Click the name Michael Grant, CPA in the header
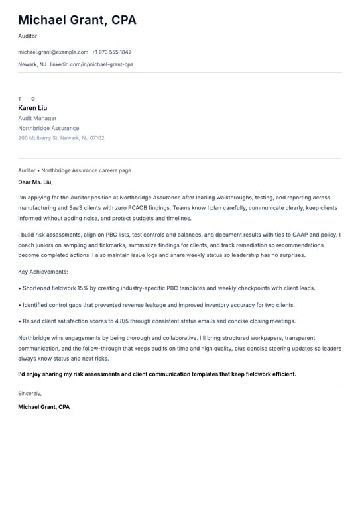point(77,20)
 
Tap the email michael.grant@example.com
point(53,52)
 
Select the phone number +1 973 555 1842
point(111,52)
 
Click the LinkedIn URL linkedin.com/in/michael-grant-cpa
point(91,64)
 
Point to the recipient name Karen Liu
point(32,108)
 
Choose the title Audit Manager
point(37,118)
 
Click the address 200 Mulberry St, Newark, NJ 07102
point(61,138)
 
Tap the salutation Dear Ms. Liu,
point(35,182)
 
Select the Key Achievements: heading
point(43,272)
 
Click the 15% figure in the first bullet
point(84,288)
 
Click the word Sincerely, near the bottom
point(30,393)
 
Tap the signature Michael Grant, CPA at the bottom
point(44,406)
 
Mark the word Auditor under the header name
point(28,36)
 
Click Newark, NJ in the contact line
point(32,64)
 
